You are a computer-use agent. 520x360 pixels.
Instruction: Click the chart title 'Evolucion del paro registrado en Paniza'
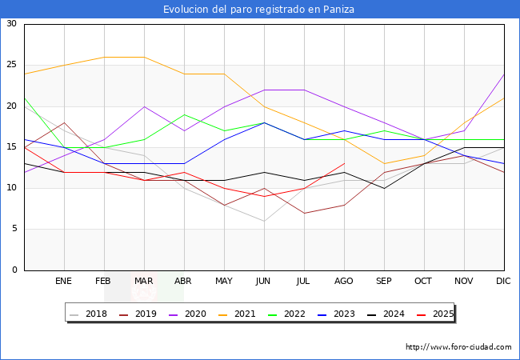pos(259,10)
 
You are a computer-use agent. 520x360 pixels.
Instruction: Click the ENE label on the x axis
pos(64,282)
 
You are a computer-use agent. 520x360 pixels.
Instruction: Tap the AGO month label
pos(344,282)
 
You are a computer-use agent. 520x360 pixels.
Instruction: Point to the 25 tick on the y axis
pos(11,65)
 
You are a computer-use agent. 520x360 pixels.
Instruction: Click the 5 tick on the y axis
pos(14,229)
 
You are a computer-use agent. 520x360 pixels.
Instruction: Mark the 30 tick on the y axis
pos(11,24)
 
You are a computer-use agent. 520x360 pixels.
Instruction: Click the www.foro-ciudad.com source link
pos(458,347)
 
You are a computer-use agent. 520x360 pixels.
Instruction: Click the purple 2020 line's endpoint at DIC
pos(504,74)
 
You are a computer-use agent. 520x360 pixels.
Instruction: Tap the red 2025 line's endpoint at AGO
pos(344,163)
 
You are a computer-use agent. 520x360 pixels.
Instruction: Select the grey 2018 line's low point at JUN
pos(264,221)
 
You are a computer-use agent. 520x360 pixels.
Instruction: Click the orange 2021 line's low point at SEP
pos(384,163)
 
